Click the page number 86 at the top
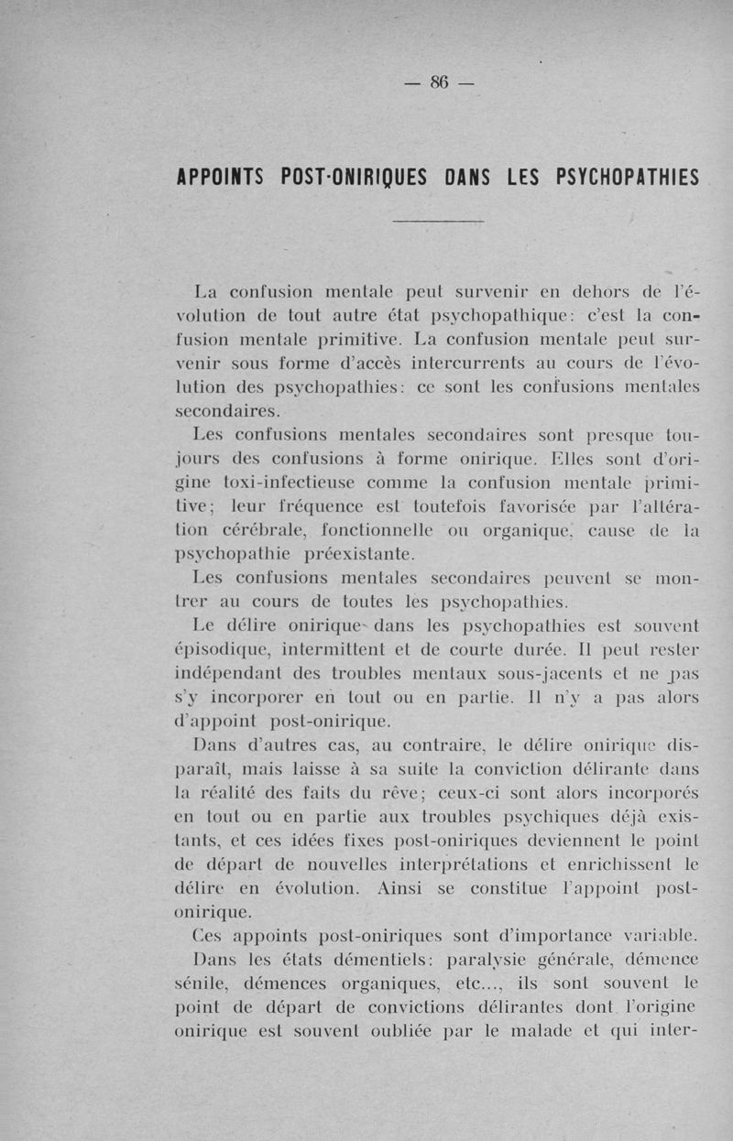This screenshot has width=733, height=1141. pyautogui.click(x=438, y=82)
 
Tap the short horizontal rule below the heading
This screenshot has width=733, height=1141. pyautogui.click(x=438, y=222)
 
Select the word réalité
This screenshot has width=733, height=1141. pyautogui.click(x=235, y=794)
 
